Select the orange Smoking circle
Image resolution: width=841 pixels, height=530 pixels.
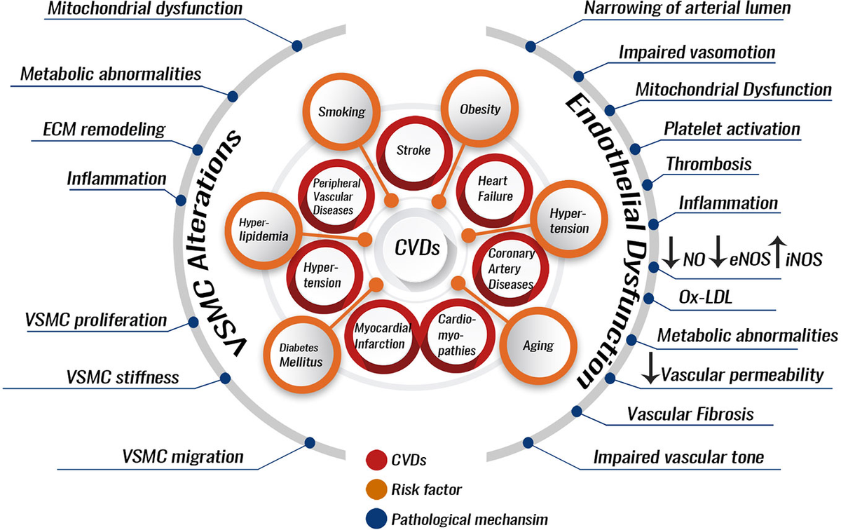(341, 111)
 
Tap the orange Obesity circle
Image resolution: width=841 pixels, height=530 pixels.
(479, 109)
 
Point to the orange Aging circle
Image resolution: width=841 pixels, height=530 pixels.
(538, 345)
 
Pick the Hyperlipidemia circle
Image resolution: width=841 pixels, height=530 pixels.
(263, 228)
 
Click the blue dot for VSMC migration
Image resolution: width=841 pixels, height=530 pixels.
(309, 442)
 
